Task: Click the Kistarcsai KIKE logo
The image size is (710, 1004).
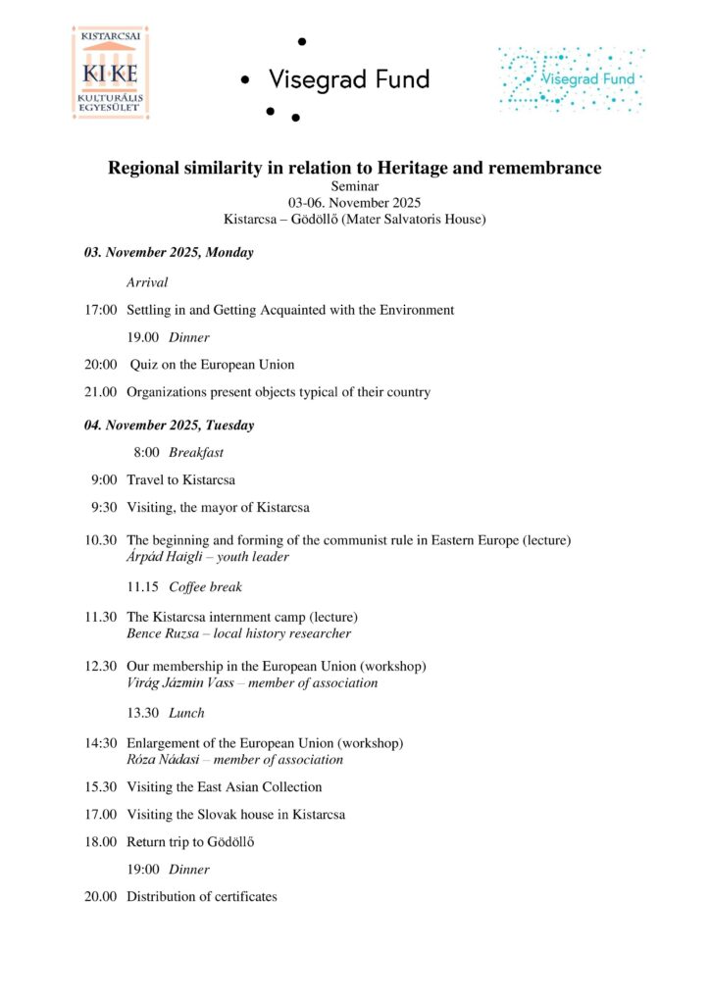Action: tap(110, 75)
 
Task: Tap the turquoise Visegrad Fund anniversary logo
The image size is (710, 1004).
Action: tap(571, 78)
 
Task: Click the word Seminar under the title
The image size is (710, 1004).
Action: tap(354, 186)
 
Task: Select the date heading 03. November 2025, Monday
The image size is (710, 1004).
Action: tap(169, 252)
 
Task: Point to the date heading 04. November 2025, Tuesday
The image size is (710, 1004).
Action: tap(169, 426)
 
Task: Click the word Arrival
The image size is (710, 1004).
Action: tap(147, 282)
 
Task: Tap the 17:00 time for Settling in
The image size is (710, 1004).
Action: tap(101, 310)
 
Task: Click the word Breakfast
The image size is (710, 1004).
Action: tap(196, 453)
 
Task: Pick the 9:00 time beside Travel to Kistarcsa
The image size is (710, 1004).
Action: tap(104, 480)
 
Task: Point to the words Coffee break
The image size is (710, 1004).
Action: tap(205, 587)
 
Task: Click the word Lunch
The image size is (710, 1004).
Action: tap(186, 713)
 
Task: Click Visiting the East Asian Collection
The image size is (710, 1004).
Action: tap(225, 786)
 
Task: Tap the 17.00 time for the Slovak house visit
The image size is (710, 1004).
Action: tap(101, 814)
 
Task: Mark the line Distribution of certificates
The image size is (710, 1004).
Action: tap(202, 896)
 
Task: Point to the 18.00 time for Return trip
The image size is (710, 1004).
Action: tap(101, 841)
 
